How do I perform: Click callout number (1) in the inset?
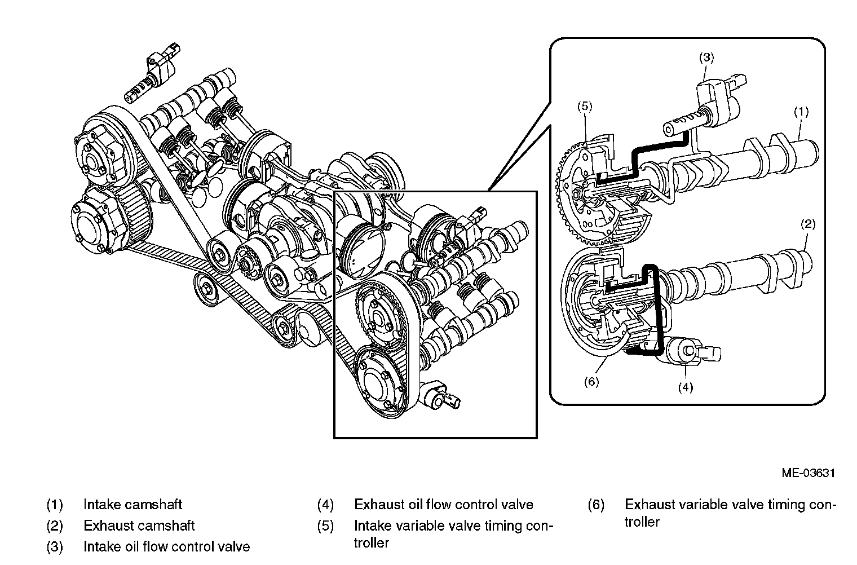pos(801,112)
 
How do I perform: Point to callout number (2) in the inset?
pos(808,224)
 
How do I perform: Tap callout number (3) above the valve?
pos(706,58)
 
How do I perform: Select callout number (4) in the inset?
pos(685,387)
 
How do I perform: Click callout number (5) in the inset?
pos(585,107)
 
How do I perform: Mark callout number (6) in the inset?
pos(591,382)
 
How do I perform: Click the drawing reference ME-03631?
pos(808,473)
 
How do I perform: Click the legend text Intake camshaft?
pos(132,505)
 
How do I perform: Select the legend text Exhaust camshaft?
pos(139,526)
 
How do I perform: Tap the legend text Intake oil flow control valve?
pos(166,546)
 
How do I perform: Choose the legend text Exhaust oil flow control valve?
pos(443,505)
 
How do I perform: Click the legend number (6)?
pos(596,505)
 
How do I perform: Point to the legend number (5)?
pos(325,526)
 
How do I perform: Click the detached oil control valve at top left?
pos(152,73)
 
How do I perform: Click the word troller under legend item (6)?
pos(642,522)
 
